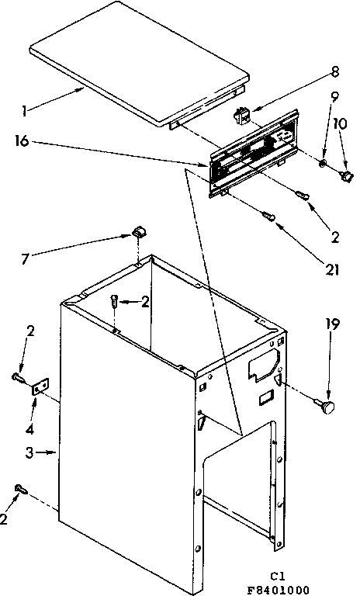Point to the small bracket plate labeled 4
tap(37, 387)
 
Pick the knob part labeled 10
tap(345, 176)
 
